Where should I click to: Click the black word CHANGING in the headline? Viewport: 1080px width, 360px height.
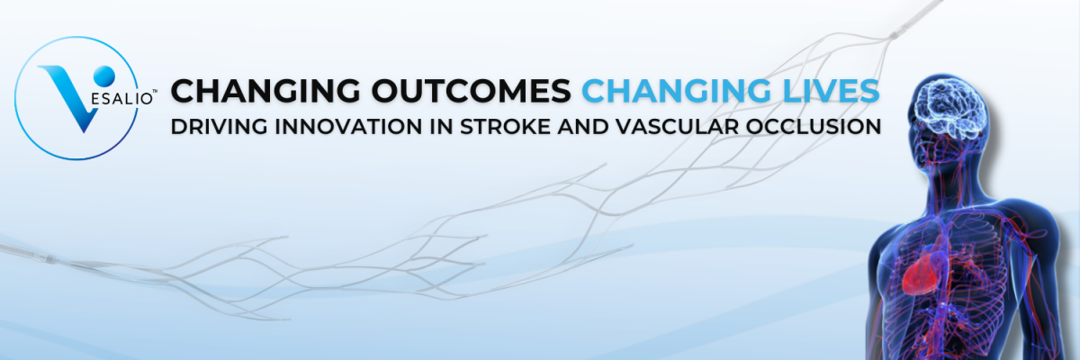coord(265,91)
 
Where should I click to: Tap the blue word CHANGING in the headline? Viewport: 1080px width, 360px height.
coord(677,91)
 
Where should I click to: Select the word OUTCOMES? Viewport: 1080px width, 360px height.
coord(471,91)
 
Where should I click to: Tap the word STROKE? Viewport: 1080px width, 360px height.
coord(505,127)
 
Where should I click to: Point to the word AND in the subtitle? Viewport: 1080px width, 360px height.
coord(582,127)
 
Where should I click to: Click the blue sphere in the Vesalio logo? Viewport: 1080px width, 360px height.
coord(104,76)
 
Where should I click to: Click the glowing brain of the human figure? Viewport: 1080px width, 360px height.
coord(949,108)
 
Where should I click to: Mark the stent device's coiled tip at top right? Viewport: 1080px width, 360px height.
coord(895,35)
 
